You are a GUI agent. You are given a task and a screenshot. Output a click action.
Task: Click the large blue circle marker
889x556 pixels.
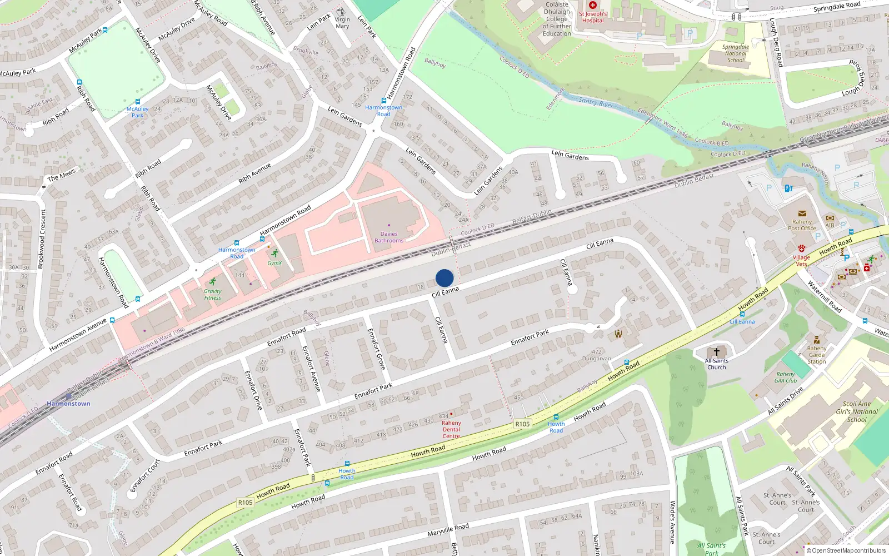[444, 278]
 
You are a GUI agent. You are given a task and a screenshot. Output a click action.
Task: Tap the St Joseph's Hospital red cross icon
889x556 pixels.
[593, 5]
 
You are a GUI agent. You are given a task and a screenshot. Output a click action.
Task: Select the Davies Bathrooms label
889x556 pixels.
[389, 237]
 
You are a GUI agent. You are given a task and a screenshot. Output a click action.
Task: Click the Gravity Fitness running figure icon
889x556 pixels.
[212, 282]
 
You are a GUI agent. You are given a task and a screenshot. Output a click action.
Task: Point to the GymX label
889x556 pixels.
[274, 263]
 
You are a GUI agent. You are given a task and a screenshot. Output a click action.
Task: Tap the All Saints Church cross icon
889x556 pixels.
[717, 352]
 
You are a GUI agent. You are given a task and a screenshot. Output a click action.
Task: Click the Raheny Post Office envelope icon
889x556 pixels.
[802, 214]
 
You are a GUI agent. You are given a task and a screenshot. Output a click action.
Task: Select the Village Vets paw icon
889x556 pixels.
[801, 249]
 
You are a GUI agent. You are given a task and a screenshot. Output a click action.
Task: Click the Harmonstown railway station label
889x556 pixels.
[68, 404]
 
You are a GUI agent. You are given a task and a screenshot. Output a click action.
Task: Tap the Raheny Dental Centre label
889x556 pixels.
[451, 429]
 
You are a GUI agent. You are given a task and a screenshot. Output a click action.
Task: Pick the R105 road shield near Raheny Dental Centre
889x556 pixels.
[522, 424]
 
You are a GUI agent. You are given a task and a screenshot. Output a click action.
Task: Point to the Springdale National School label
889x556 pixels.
[735, 53]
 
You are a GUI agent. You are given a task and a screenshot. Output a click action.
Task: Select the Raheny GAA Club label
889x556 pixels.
[786, 378]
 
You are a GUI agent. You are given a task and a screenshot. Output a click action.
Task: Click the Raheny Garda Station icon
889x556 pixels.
[816, 340]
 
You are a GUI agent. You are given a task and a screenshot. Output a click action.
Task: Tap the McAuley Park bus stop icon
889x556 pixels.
[138, 102]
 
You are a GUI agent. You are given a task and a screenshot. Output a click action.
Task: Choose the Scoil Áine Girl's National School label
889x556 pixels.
[857, 411]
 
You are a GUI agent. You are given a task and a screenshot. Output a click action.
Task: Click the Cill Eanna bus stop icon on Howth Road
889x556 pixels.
[742, 314]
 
